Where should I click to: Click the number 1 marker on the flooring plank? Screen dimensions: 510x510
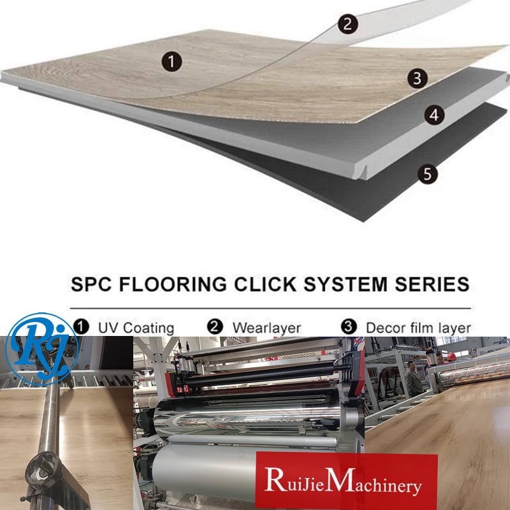171,62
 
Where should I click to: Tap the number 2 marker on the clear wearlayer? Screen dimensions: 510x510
347,24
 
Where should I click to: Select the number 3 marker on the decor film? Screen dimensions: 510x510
418,78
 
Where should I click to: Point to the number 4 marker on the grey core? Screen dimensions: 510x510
435,115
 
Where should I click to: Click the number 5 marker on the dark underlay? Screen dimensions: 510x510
428,174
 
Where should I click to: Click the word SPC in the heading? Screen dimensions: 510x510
91,284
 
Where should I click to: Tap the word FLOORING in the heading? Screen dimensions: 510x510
173,284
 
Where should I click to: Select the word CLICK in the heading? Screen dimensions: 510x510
265,284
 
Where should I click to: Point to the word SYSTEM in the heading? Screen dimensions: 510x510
346,284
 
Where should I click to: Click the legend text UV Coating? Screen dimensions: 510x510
136,328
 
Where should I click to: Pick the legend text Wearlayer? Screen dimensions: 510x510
266,328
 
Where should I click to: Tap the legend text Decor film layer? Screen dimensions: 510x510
418,328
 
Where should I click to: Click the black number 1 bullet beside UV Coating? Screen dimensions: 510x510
81,326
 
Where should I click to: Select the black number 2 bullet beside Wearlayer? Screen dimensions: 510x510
215,326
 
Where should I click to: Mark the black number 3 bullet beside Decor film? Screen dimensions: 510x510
349,326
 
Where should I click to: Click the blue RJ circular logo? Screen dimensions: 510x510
41,349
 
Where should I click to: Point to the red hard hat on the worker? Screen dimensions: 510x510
451,356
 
